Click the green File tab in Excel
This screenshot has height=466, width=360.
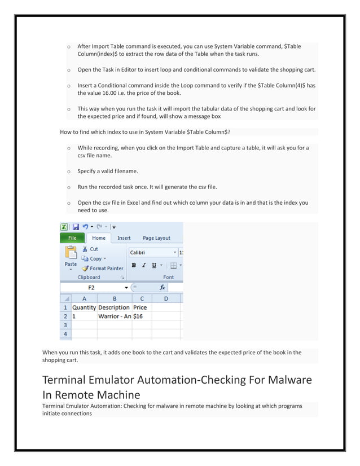(x=72, y=238)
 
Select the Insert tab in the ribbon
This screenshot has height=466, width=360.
(x=124, y=238)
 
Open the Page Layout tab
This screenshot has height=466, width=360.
(x=156, y=238)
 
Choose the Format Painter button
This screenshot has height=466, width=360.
(x=103, y=269)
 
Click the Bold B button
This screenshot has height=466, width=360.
(x=134, y=265)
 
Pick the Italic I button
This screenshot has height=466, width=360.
(x=144, y=265)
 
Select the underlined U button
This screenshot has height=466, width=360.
(x=153, y=265)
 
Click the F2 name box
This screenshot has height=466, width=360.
(x=91, y=287)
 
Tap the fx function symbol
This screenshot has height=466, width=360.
(x=162, y=287)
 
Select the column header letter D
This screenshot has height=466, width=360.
(x=165, y=298)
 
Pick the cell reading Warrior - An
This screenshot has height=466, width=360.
(x=115, y=316)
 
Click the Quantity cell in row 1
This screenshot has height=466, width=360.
(x=84, y=307)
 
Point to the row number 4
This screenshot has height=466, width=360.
(x=65, y=334)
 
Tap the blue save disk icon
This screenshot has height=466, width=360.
(x=76, y=227)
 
